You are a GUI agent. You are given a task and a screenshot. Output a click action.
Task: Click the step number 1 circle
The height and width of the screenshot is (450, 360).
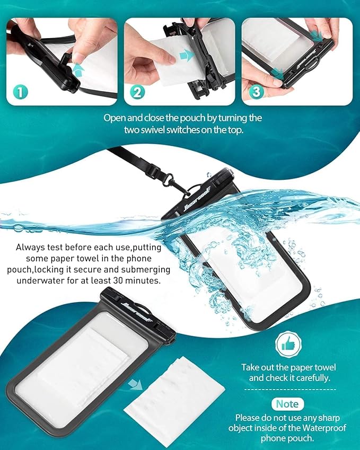20,92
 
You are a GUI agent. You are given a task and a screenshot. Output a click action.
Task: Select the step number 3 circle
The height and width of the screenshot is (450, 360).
256,92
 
